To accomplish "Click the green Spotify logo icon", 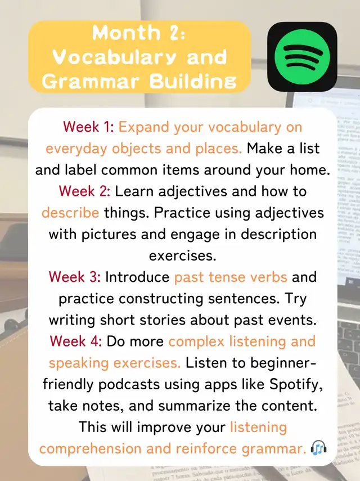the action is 302,56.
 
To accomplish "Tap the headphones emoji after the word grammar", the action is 318,448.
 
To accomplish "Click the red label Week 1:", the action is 89,127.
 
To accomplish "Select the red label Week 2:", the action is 84,191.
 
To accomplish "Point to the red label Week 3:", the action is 74,277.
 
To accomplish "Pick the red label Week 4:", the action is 75,341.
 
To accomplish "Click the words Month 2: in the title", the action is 139,33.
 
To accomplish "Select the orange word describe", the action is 70,213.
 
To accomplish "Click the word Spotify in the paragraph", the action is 296,385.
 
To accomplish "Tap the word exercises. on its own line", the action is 182,255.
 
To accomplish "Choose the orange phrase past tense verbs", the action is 231,277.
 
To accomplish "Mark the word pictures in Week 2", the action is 109,235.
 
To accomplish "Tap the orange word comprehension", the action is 90,449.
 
